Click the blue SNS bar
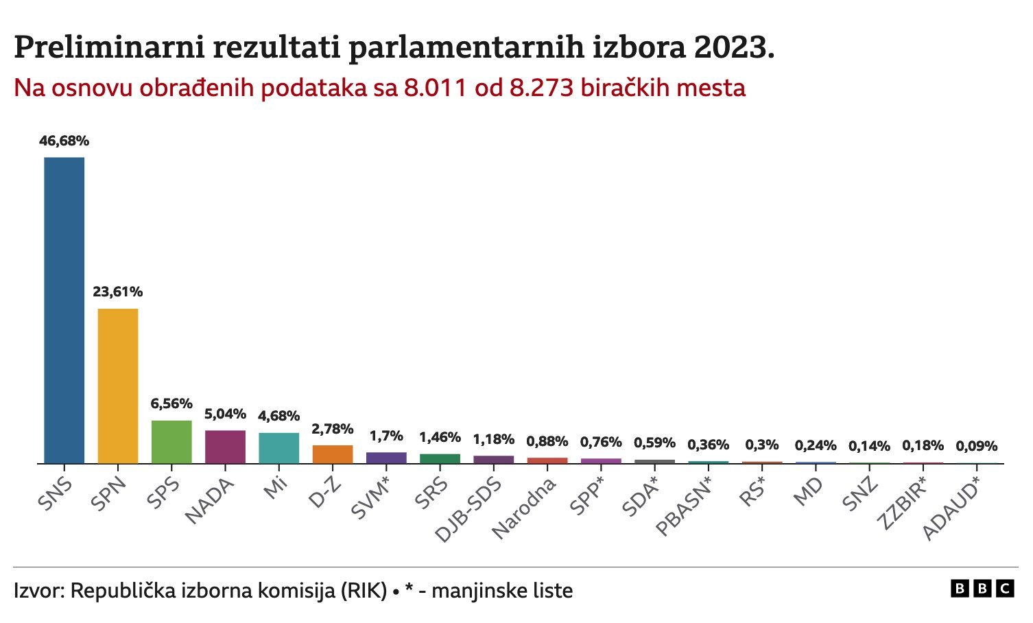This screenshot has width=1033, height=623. pos(64,310)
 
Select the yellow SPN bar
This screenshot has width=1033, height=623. pos(118,386)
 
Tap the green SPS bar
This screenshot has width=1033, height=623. pos(171,442)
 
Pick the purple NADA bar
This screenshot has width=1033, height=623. pos(225,447)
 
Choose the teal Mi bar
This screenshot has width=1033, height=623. pos(278,448)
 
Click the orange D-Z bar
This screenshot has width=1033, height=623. pos(333,454)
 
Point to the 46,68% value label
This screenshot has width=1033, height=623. pos(64,141)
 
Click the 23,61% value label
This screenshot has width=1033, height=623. pos(118,292)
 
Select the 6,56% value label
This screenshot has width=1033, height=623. pos(171,404)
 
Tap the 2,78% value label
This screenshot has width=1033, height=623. pos(333,430)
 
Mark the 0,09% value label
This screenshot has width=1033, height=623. pos(977,447)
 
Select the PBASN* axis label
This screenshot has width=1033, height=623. pos(684,507)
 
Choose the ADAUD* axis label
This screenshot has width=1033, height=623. pos(951,508)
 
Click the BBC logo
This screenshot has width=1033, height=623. pos(982,589)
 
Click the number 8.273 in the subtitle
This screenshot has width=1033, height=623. pos(541,89)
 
